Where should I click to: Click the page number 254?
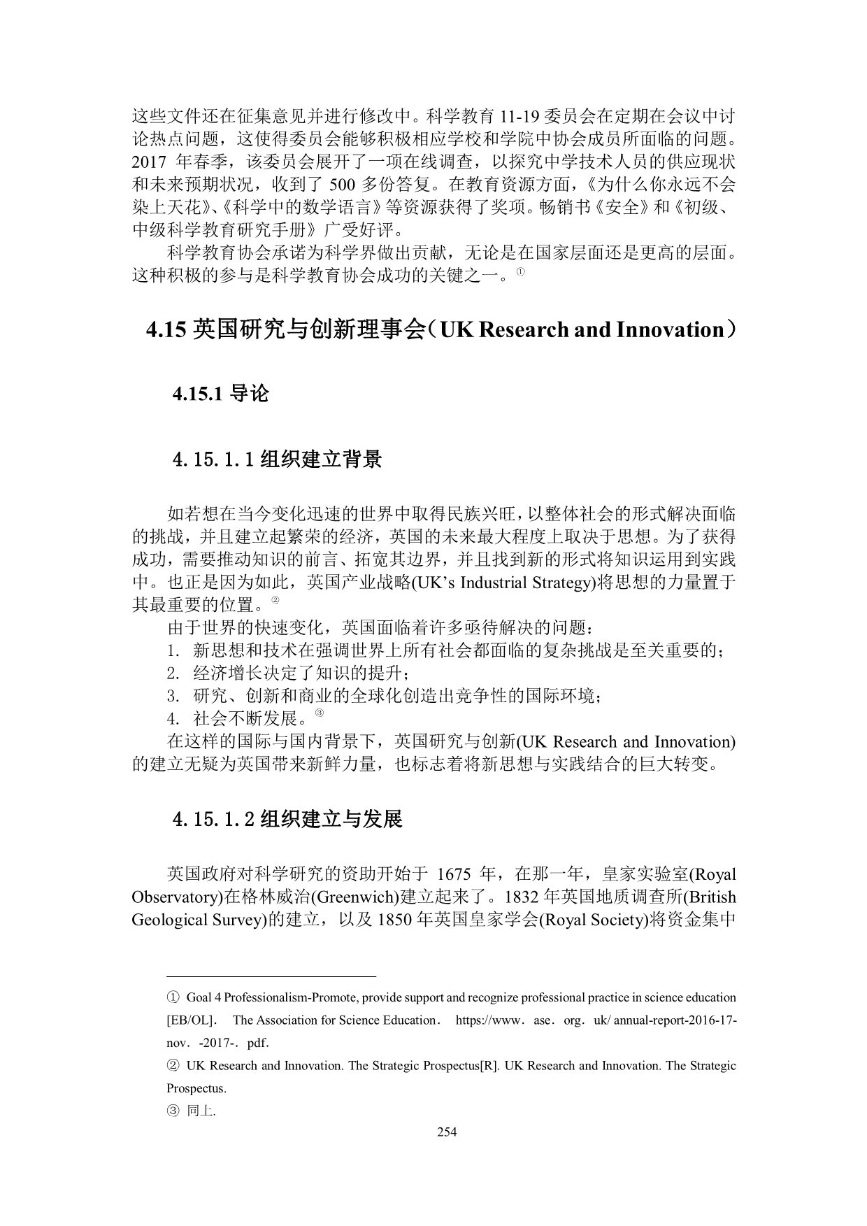tap(446, 1132)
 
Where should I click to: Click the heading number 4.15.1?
tap(198, 394)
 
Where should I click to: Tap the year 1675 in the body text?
tap(455, 874)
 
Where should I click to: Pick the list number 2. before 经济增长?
tap(174, 673)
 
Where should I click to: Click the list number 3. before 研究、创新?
tap(174, 697)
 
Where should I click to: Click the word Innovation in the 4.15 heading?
tap(669, 329)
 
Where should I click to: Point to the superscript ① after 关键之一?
tap(520, 272)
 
